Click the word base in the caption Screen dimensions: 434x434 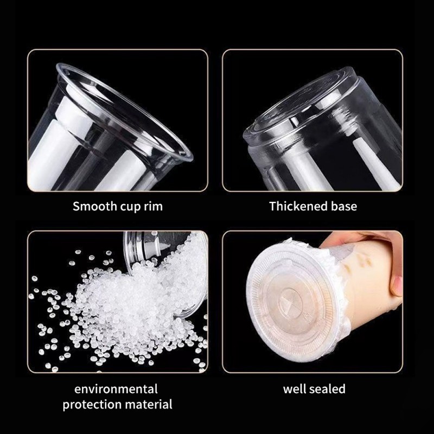[x=344, y=206]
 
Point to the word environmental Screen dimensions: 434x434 [x=116, y=389]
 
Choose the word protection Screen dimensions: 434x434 [x=92, y=405]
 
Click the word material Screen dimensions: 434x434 [x=149, y=405]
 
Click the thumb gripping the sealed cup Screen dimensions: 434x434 [x=397, y=285]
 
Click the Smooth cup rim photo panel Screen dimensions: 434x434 [x=118, y=120]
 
